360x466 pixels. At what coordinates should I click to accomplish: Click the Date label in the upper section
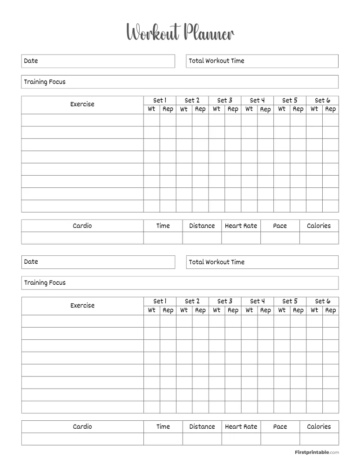(31, 61)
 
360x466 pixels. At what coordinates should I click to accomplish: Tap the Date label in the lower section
(31, 261)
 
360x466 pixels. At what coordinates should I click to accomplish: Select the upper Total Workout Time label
(217, 61)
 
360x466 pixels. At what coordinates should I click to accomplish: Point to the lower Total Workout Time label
(217, 262)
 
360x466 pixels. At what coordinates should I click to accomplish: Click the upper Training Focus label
(45, 82)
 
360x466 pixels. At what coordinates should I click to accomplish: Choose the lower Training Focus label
(45, 282)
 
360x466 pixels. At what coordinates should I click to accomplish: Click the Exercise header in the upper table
(82, 104)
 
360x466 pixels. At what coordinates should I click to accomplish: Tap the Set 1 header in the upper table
(160, 100)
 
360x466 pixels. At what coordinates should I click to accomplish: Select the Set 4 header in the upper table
(257, 100)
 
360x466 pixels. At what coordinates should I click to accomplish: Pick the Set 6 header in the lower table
(322, 301)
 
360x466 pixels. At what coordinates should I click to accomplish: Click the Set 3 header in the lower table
(224, 301)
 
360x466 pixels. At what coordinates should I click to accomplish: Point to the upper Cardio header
(82, 226)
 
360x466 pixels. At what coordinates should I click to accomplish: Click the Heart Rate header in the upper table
(241, 226)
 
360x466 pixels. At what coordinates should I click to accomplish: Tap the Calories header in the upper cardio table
(319, 226)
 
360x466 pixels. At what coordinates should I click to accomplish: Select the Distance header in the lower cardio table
(202, 426)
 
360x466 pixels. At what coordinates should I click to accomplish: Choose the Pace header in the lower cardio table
(280, 426)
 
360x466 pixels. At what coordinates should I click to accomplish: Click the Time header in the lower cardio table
(163, 426)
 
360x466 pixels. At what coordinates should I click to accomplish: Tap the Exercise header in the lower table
(82, 305)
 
